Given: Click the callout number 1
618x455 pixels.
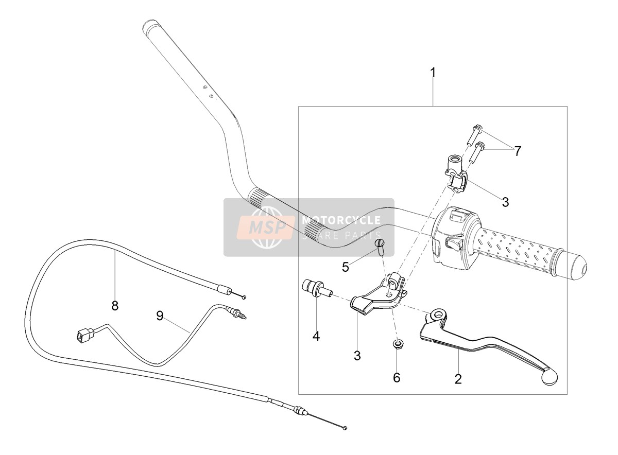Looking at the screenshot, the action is [434, 66].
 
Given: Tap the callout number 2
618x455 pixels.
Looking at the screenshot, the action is [458, 379].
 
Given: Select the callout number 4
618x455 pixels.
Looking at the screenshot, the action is [316, 336].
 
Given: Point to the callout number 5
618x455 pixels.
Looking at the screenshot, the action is [346, 267].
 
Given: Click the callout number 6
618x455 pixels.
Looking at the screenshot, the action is [397, 377].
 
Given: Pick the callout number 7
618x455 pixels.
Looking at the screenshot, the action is [517, 151].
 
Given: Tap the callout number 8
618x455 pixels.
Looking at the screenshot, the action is [115, 306].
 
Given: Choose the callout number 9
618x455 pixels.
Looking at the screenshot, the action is [160, 316].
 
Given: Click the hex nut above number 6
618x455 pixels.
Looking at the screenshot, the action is [397, 344].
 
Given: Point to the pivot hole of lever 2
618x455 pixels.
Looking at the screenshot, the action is [438, 314].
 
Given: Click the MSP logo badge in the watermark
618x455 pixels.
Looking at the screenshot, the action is [265, 227].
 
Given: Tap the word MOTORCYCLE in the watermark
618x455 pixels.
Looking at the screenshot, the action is [341, 220].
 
